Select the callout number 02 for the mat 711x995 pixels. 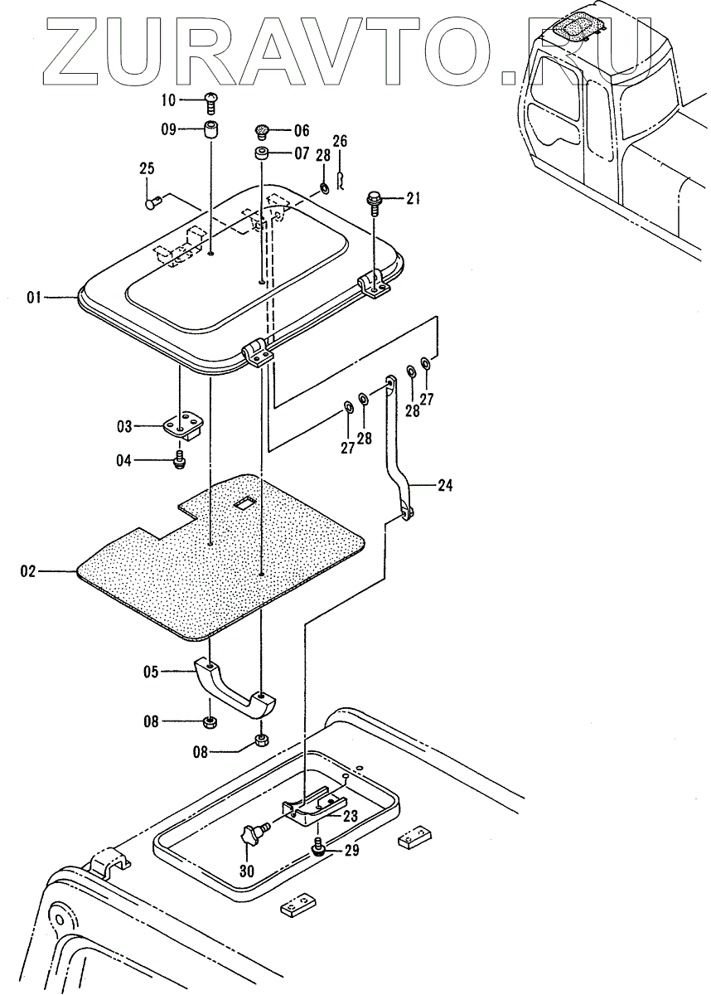28,571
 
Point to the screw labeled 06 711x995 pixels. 262,130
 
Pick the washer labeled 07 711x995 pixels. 261,154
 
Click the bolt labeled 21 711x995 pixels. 373,200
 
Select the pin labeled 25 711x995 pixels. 152,200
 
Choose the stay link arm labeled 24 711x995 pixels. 398,448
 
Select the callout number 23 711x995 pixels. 350,816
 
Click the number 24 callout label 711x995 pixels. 445,486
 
